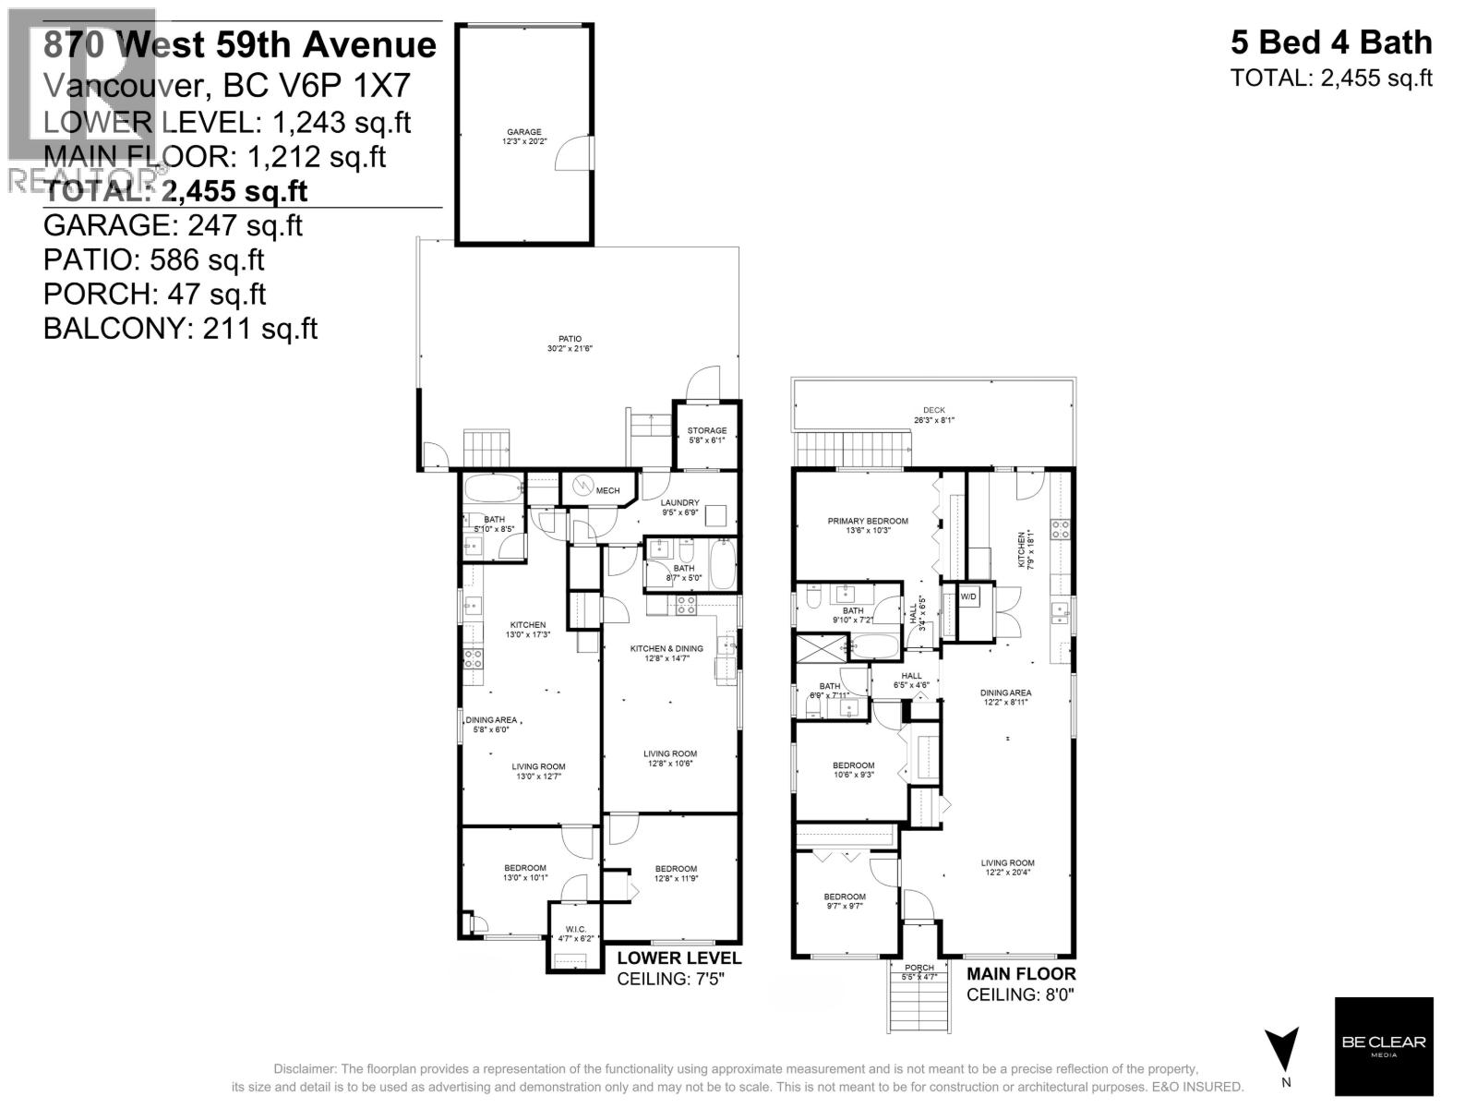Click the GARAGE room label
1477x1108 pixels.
point(523,137)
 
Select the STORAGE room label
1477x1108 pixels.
point(706,435)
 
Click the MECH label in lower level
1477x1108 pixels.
point(606,490)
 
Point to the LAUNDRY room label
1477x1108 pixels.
point(679,507)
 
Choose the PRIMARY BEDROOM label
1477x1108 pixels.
point(867,525)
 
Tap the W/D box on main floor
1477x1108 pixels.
point(968,596)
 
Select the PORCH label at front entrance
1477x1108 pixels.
point(919,971)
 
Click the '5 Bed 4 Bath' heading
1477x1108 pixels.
point(1330,43)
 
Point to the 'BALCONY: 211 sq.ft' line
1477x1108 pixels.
point(181,328)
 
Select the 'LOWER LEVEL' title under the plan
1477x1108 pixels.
point(678,958)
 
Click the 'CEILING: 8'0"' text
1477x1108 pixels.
point(1020,994)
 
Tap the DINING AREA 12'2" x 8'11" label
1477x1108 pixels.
point(1005,697)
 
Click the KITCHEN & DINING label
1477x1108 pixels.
point(666,653)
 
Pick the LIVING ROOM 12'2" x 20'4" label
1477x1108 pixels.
point(1007,868)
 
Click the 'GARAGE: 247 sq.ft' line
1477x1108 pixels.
point(173,225)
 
